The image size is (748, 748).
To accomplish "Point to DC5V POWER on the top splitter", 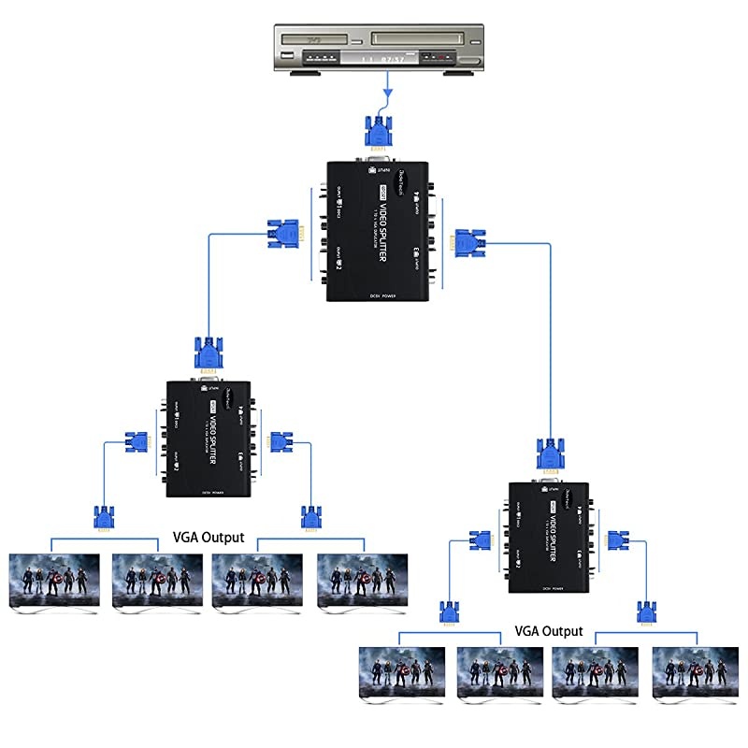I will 379,295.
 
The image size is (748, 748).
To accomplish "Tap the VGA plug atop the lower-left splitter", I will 209,353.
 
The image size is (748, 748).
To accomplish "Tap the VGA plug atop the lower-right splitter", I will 549,455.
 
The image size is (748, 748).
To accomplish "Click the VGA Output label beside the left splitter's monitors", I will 209,538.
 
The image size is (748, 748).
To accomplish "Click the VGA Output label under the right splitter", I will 549,631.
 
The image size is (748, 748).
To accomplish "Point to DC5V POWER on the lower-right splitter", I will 548,586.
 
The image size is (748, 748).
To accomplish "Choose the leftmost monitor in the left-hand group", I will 53,583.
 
